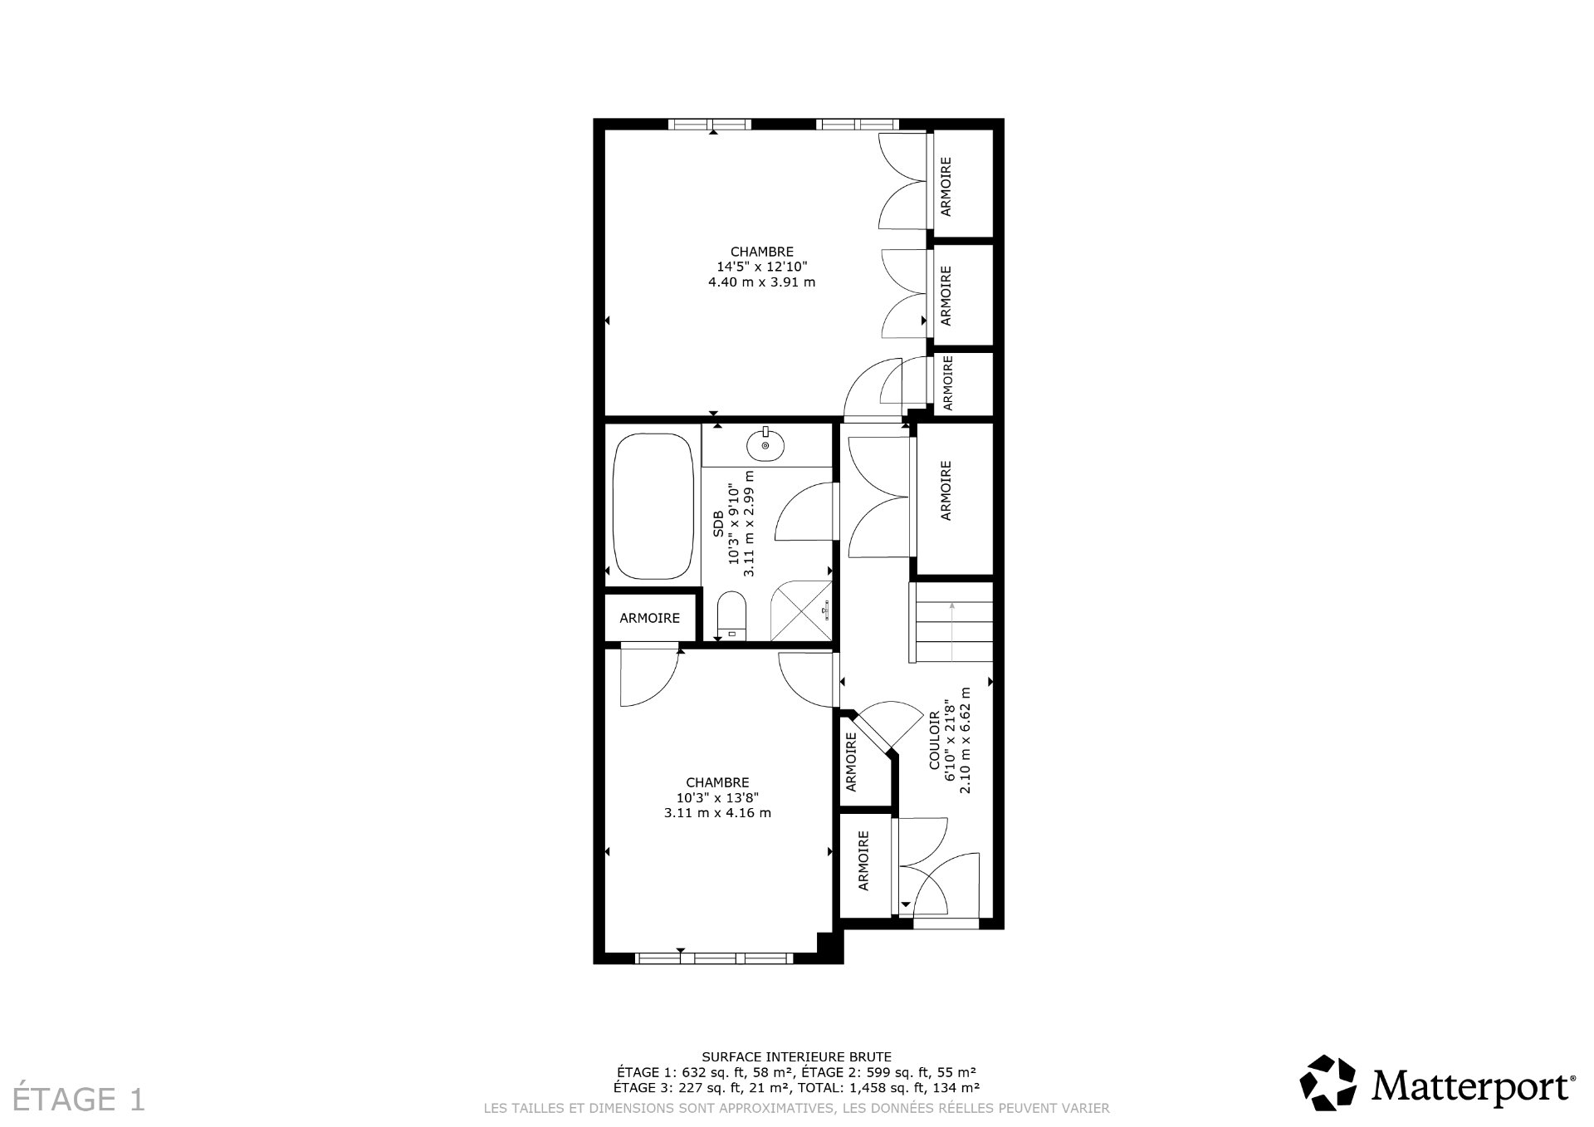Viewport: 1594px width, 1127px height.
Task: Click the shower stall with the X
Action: pos(801,610)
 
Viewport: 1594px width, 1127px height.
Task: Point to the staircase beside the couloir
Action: pos(951,621)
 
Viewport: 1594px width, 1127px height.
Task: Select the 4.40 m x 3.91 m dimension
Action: pos(761,282)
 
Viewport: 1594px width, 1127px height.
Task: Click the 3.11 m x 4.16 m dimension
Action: pos(717,813)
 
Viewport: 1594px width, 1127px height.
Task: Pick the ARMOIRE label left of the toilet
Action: pos(649,618)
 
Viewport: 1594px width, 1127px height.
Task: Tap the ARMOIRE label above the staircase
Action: pos(945,491)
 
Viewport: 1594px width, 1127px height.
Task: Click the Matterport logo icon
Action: pos(1328,1082)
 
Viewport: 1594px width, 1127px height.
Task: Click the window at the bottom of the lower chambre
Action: pos(714,958)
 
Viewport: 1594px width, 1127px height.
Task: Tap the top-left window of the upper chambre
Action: pos(709,125)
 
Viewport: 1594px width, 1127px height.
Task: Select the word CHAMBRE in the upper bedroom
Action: pos(761,252)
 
